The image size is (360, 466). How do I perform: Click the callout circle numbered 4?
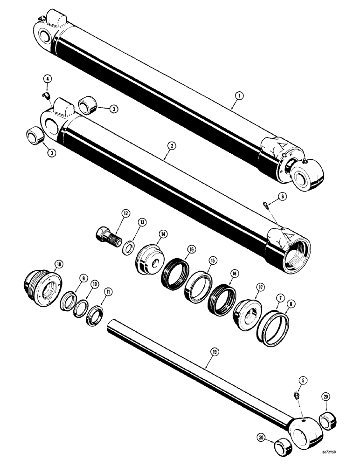(x=48, y=79)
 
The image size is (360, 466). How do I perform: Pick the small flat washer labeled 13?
(x=129, y=246)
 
